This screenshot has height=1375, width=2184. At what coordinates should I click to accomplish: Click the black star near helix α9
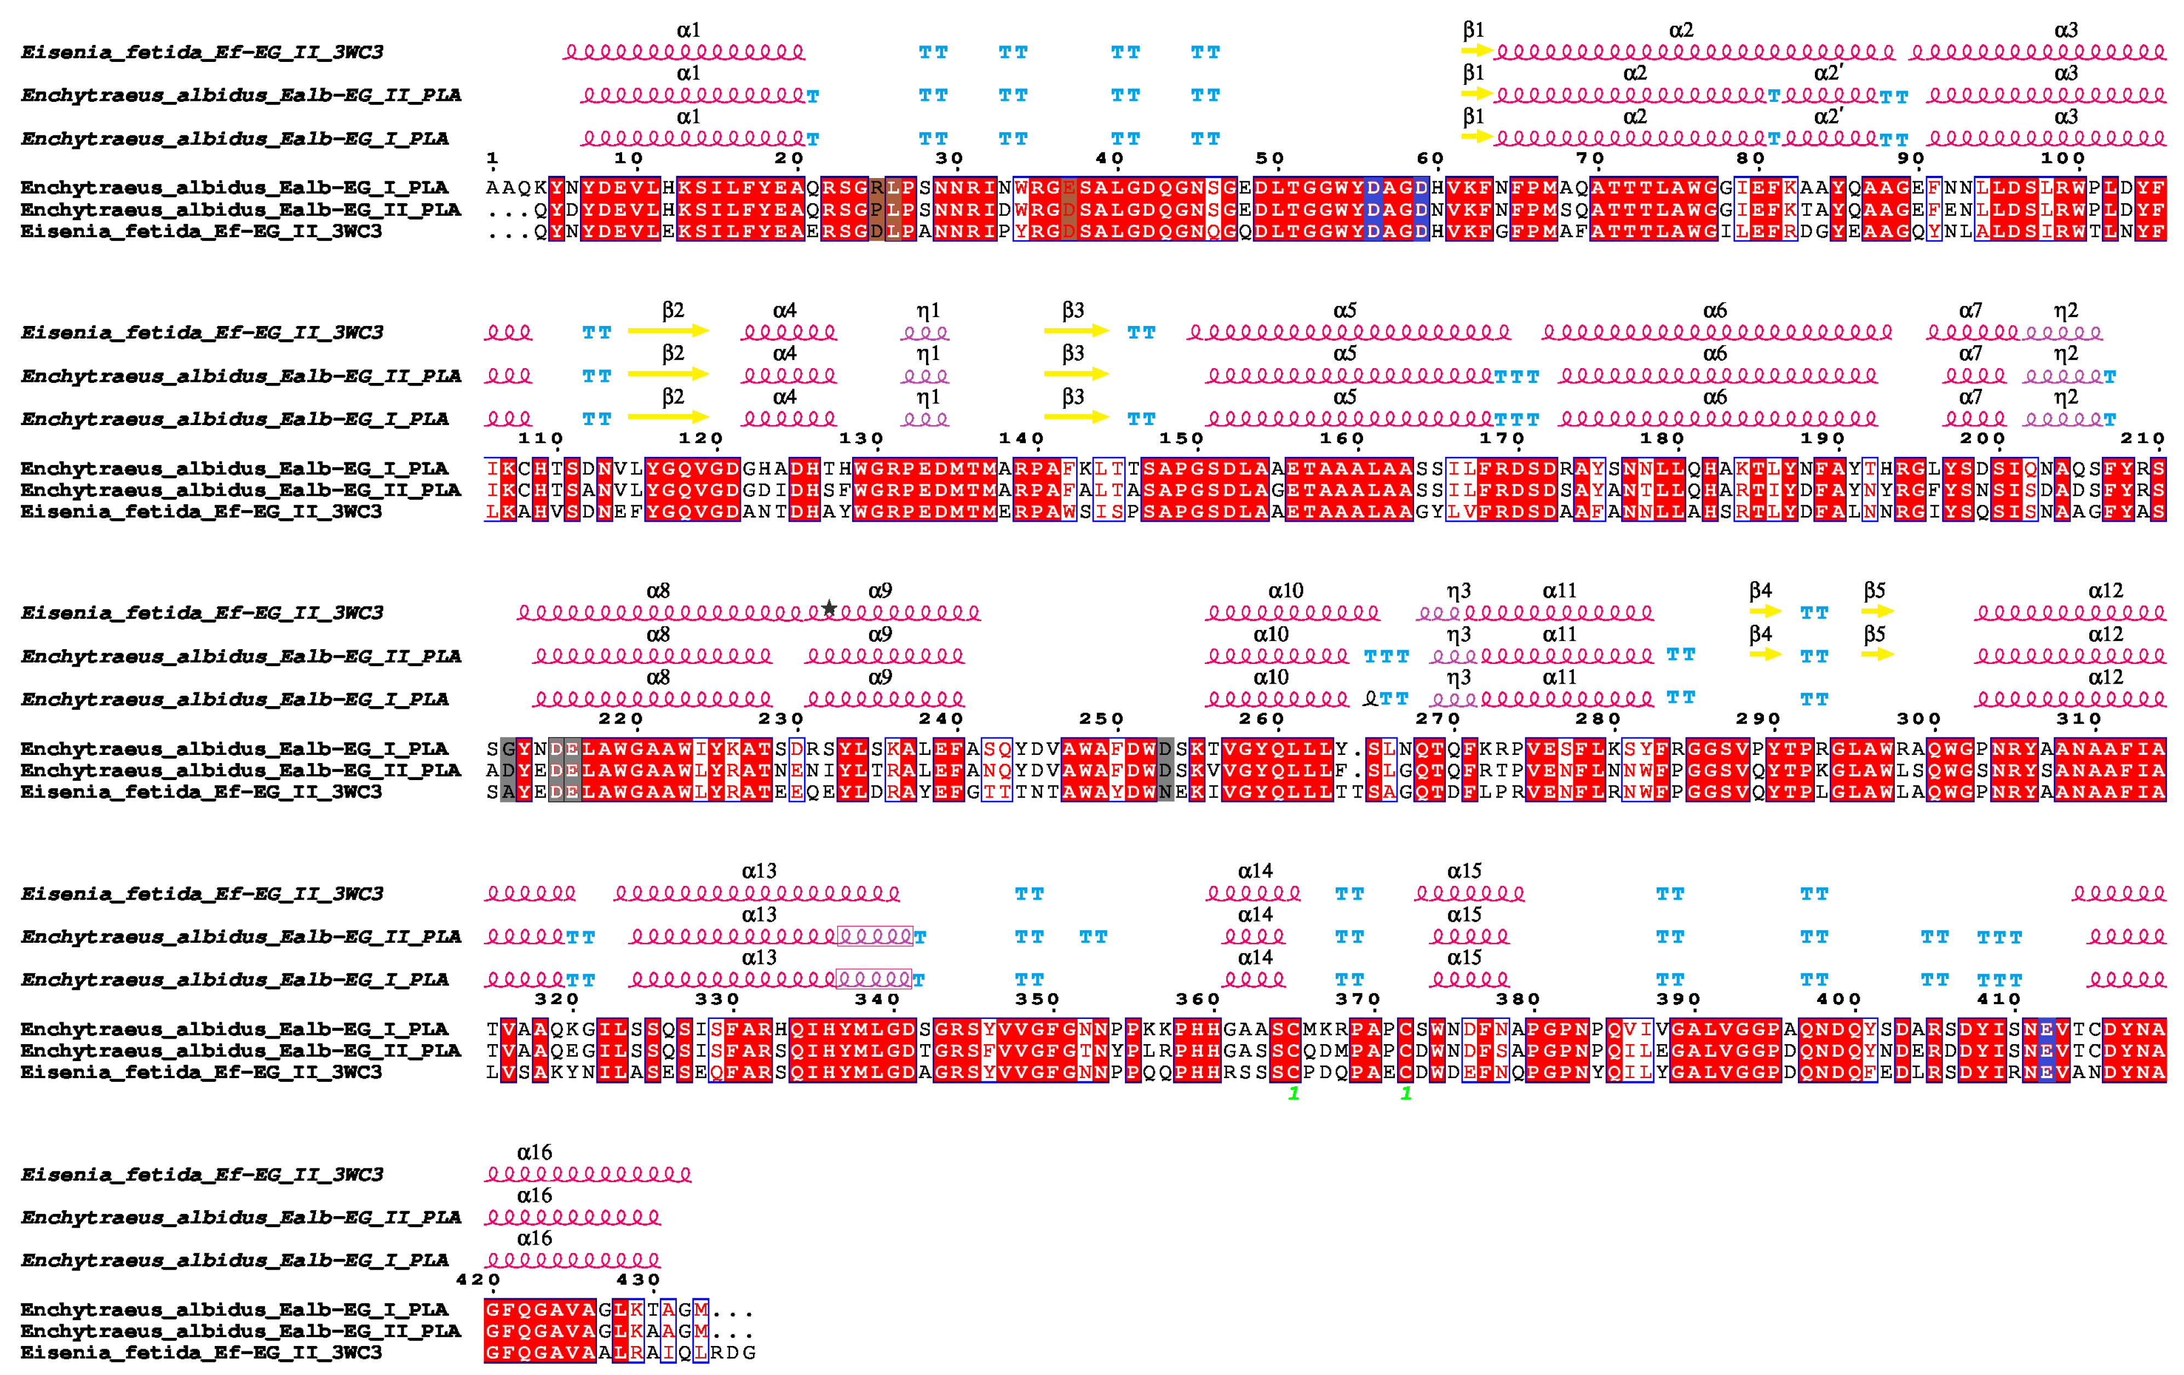tap(829, 608)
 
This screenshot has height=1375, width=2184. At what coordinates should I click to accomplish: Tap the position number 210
tap(2142, 439)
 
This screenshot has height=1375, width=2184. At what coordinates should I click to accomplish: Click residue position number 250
tap(1102, 719)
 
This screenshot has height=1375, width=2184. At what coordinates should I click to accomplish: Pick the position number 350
tap(1038, 1000)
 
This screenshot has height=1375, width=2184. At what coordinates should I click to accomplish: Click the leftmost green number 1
tap(1294, 1094)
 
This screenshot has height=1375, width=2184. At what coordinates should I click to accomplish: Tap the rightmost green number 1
tap(1406, 1094)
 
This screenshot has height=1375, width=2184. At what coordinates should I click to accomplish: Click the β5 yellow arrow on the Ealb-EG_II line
tap(1877, 654)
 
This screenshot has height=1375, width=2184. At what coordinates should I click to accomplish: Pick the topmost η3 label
tap(1458, 591)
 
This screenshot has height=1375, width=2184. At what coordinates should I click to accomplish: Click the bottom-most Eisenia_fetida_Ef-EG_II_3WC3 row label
tap(202, 1353)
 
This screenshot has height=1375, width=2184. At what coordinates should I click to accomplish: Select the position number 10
tap(629, 159)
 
